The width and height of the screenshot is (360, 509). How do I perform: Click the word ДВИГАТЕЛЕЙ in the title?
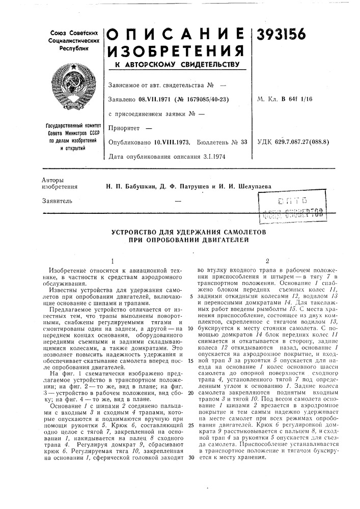(x=223, y=240)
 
